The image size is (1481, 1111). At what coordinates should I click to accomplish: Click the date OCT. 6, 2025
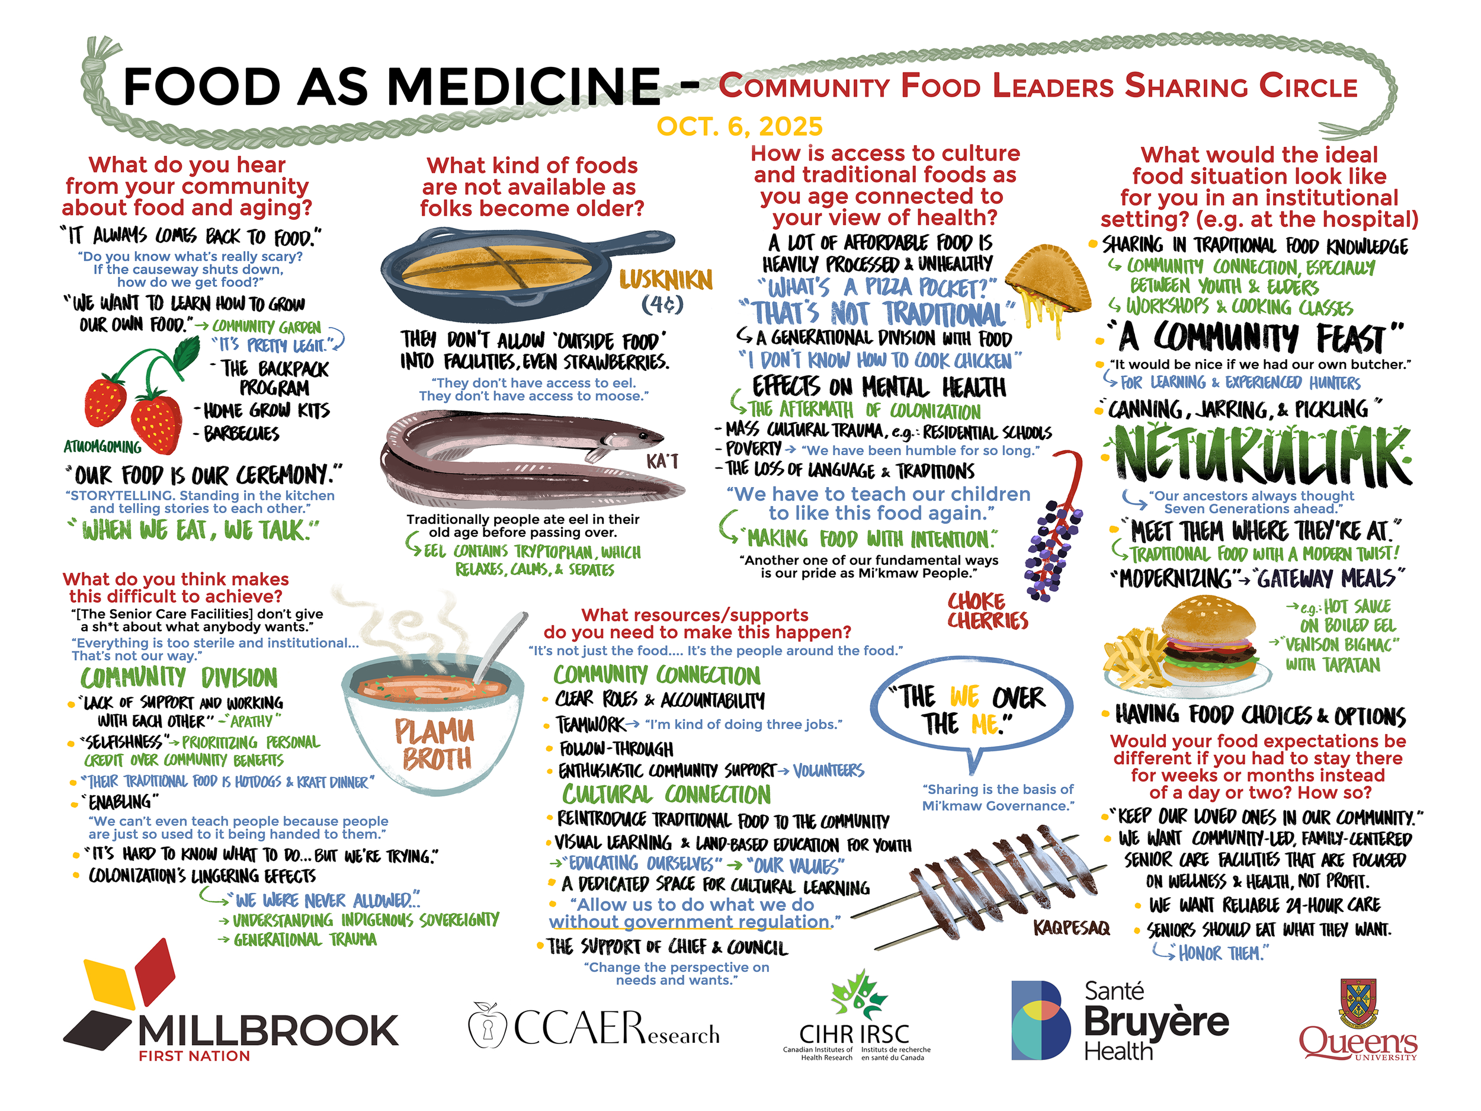coord(739,126)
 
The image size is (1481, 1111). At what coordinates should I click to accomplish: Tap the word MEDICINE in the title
coord(524,87)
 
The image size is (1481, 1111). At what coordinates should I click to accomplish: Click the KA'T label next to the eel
coord(662,462)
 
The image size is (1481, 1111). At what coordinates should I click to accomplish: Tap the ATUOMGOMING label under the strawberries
coord(102,447)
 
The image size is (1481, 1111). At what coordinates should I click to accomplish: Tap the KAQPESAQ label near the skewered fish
coord(1071,927)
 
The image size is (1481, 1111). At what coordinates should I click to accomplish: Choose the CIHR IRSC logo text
coord(855,1034)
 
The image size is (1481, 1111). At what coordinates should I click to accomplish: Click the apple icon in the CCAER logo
coord(486,1025)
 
